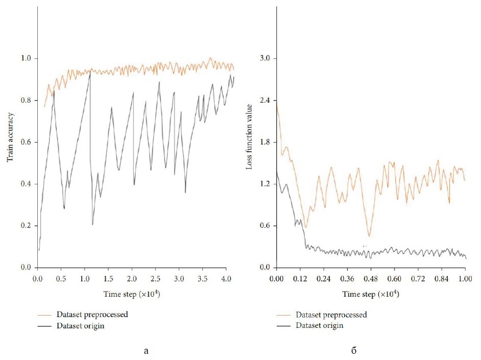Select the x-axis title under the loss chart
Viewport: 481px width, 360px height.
tap(371, 295)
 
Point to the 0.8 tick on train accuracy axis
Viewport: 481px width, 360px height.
tap(25, 101)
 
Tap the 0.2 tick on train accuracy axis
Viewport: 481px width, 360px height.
tap(25, 226)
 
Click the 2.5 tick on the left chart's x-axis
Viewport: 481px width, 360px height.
tap(155, 280)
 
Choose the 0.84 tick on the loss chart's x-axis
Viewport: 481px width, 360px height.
tap(441, 280)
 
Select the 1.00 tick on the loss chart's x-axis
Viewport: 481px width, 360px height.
tap(465, 280)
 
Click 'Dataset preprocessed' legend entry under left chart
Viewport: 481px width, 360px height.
tap(97, 315)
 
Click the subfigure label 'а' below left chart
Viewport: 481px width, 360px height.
tap(147, 351)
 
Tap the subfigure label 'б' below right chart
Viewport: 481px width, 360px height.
tap(354, 350)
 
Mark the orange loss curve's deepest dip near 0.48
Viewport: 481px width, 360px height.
tap(369, 235)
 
